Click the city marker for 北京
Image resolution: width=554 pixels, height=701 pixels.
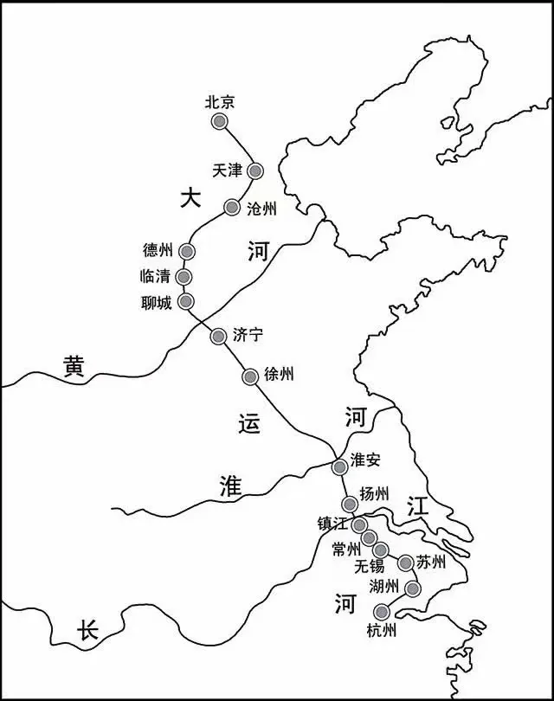pos(220,122)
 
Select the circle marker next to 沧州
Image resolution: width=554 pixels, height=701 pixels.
pos(231,207)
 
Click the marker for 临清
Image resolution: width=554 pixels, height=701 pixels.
pos(184,277)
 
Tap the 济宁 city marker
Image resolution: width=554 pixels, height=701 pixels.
pos(218,336)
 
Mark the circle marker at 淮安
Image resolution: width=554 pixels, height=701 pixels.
pos(340,467)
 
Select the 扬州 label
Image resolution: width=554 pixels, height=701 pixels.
pos(377,495)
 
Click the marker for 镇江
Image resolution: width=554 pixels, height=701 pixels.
pos(359,525)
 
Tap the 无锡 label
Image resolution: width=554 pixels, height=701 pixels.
pos(369,568)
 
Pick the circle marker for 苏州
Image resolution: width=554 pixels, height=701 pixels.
pos(405,563)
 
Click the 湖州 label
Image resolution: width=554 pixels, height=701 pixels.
pos(385,586)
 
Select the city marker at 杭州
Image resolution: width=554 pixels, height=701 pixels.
pos(382,613)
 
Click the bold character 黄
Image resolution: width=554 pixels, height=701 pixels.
pos(74,367)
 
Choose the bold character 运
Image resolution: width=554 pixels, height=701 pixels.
pos(248,422)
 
